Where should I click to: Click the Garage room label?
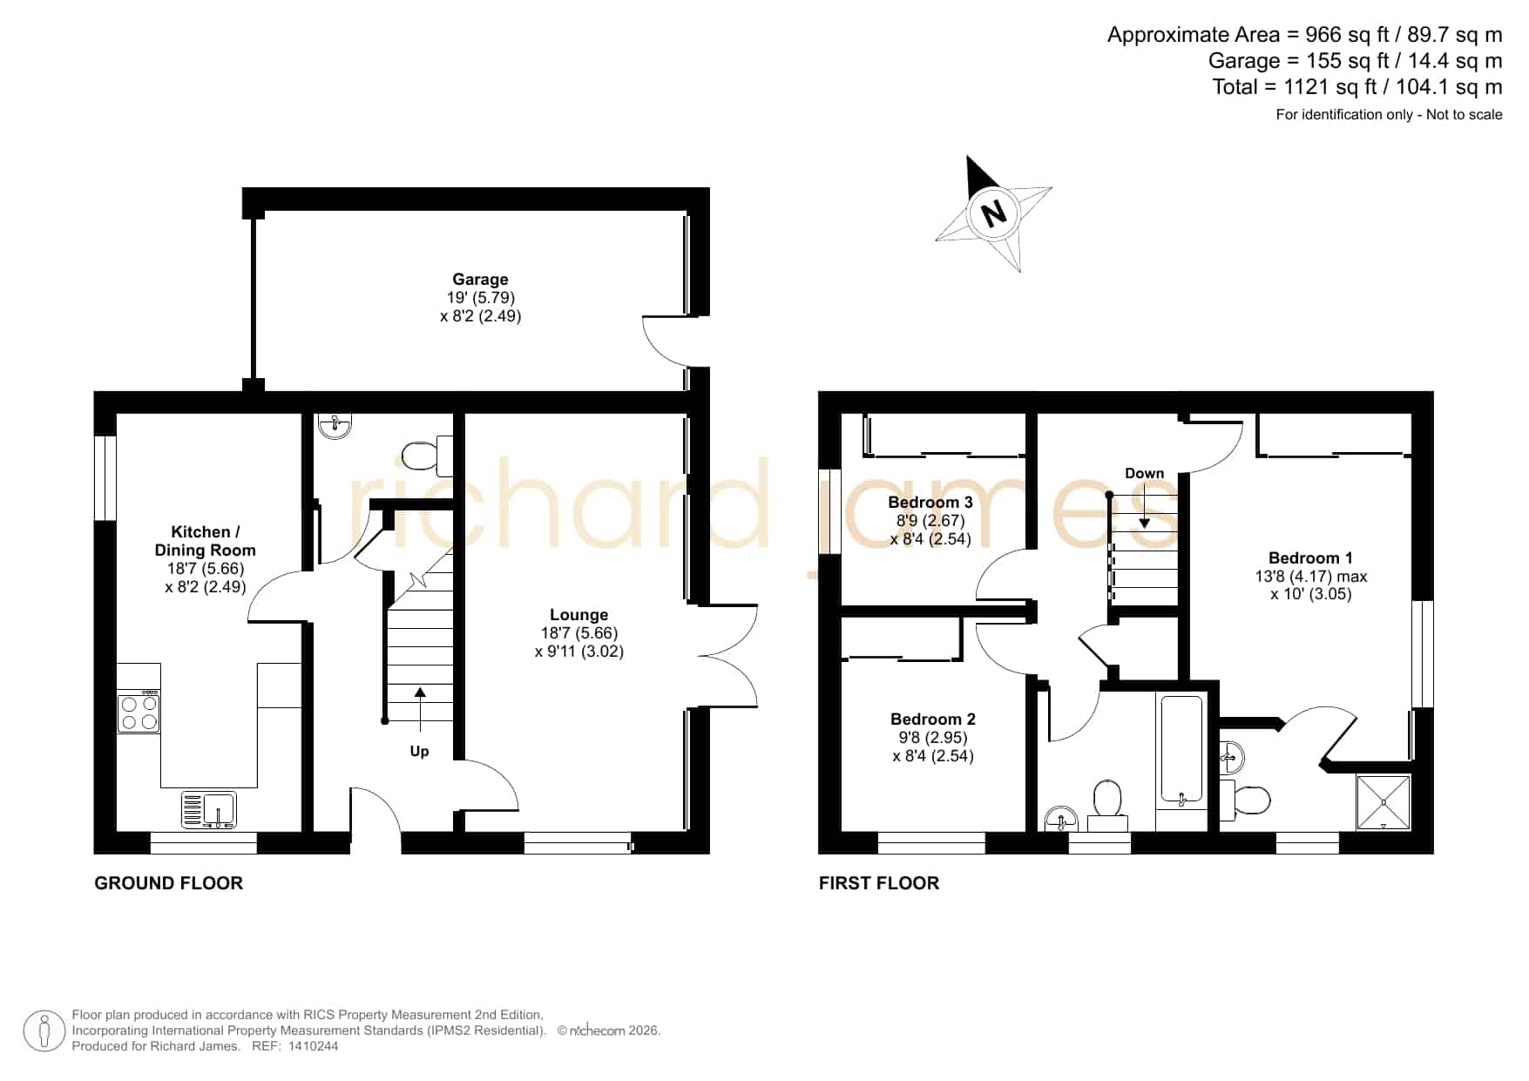pos(480,280)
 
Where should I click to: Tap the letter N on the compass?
pos(992,213)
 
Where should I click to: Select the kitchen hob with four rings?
pos(139,711)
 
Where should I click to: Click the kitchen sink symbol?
pos(208,809)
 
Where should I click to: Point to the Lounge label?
pos(578,615)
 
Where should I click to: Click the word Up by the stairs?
pos(419,751)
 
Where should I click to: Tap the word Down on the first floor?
pos(1144,474)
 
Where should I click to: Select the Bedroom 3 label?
pos(930,503)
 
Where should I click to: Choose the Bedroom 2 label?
pos(932,720)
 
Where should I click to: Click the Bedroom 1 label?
pos(1310,558)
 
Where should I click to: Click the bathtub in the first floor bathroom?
pos(1181,748)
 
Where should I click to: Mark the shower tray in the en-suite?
pos(1383,801)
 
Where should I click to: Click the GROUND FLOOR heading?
pos(168,883)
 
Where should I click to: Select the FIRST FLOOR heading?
pos(879,883)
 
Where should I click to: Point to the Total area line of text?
pos(1357,87)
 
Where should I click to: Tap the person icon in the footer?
pos(44,1031)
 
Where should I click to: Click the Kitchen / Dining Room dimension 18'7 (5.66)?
pos(206,569)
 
